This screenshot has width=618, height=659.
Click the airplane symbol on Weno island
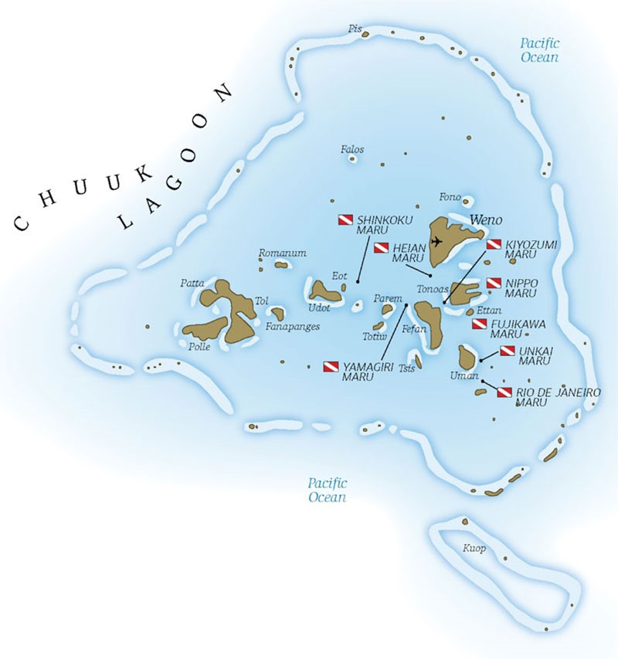click(437, 241)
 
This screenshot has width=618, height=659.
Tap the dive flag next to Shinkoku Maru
click(345, 220)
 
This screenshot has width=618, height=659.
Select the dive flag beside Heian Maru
click(381, 248)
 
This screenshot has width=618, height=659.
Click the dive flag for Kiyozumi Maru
click(494, 244)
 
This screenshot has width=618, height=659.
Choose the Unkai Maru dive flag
click(508, 351)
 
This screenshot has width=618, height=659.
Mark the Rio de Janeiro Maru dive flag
click(504, 393)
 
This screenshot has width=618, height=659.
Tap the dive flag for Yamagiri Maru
click(331, 366)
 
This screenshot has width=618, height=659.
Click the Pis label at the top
click(355, 29)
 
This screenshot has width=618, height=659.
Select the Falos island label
click(352, 149)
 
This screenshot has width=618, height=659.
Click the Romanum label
click(283, 253)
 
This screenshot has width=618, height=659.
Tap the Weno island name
click(481, 218)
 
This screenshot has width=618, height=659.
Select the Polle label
click(199, 347)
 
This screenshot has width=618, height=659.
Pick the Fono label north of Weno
click(450, 196)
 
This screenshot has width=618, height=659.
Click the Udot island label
click(320, 307)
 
